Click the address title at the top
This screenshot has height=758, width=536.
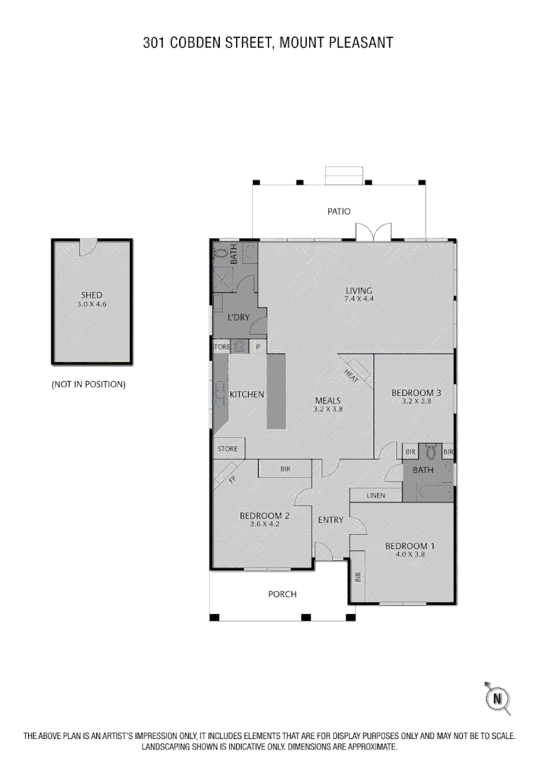[268, 43]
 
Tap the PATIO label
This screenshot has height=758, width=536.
[338, 211]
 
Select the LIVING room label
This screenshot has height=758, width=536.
[358, 291]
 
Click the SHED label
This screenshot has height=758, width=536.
[91, 295]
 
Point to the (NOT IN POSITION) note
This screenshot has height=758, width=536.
[89, 385]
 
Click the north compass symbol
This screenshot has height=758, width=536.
[498, 698]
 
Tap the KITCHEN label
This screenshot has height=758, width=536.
[247, 394]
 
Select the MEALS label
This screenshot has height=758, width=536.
[328, 401]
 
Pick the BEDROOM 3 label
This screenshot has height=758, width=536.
[416, 393]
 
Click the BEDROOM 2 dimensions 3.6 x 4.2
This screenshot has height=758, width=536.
[265, 524]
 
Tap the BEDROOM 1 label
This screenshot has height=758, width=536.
[410, 546]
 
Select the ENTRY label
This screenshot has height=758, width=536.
[331, 520]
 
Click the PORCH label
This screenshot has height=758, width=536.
[282, 594]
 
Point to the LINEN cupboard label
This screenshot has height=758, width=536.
[376, 496]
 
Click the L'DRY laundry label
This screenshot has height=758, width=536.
[237, 317]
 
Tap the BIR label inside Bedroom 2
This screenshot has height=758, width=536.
[285, 469]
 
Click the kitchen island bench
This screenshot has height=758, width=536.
[276, 391]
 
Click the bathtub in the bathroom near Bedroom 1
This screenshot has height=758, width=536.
[429, 493]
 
